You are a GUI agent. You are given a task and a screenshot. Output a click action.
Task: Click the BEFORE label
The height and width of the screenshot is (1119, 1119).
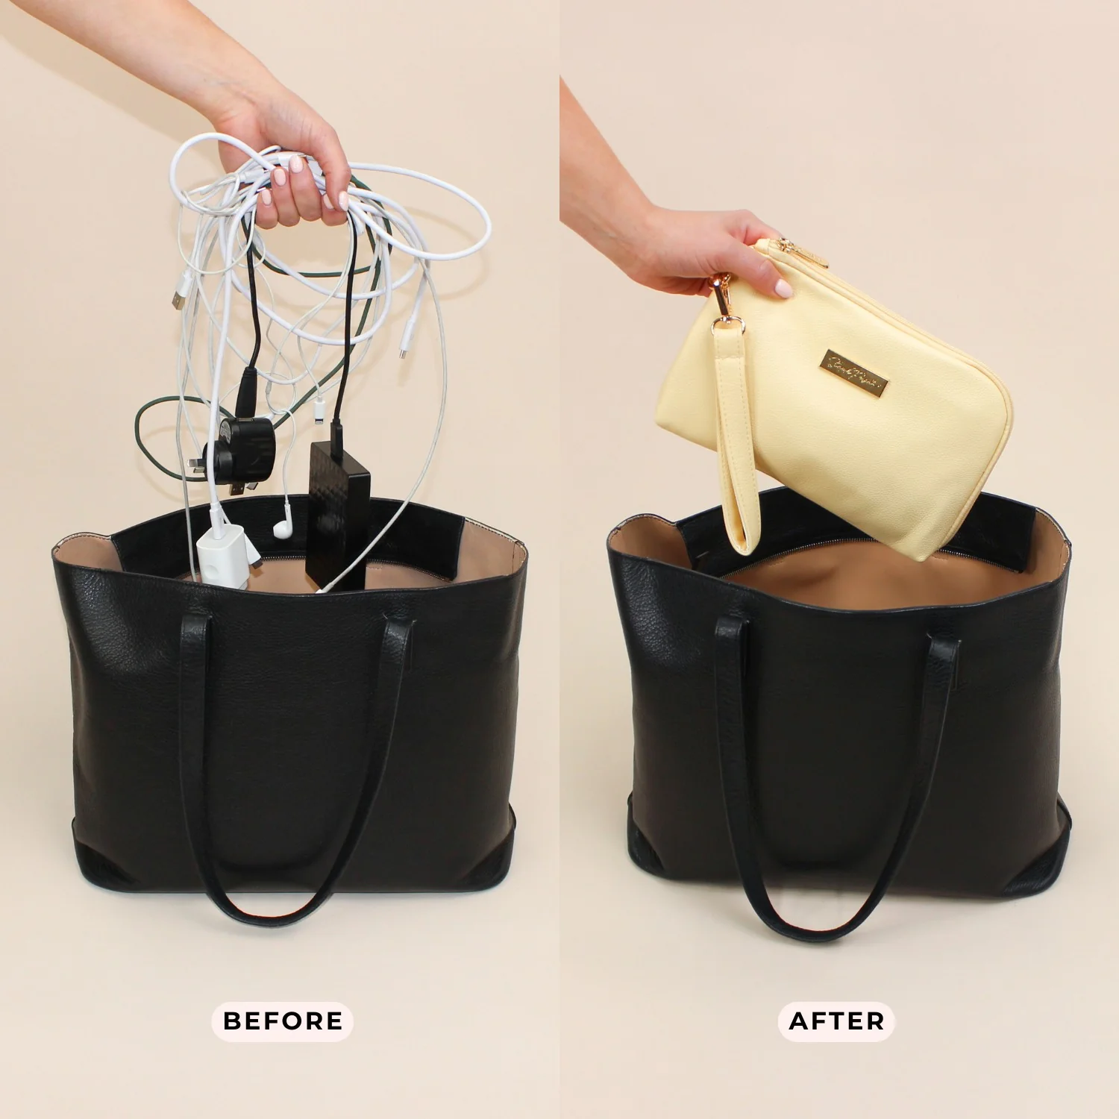(x=283, y=1021)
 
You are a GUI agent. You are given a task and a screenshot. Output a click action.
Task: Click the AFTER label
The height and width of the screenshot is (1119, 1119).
(x=836, y=1021)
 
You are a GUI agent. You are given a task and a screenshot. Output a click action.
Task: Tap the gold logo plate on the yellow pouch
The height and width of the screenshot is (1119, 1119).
(x=855, y=372)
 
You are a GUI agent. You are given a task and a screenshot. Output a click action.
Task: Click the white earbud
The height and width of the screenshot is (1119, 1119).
(x=281, y=527)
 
